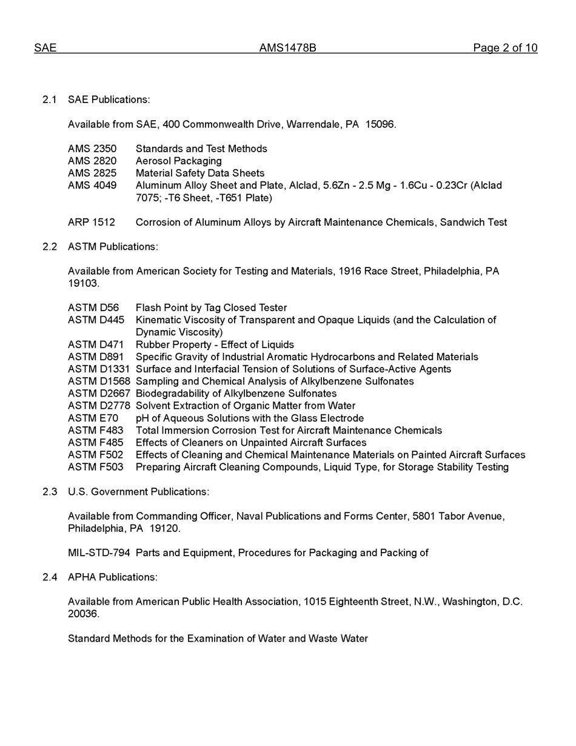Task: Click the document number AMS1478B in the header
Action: tap(287, 48)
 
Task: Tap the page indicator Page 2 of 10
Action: tap(505, 48)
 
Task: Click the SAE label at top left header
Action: tap(45, 48)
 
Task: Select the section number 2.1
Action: tap(50, 99)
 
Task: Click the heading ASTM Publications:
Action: tap(113, 247)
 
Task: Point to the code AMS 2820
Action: tap(92, 161)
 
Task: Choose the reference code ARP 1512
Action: tap(91, 223)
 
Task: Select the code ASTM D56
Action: tap(93, 308)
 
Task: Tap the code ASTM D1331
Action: tap(99, 369)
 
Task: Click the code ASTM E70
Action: tap(93, 418)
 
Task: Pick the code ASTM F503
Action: tap(95, 467)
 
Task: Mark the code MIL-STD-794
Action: tap(99, 553)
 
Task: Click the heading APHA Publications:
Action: tap(113, 577)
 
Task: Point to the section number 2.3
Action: tap(50, 492)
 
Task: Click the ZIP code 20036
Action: tap(83, 614)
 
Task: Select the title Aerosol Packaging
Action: tap(179, 161)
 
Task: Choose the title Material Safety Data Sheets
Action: tap(200, 173)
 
